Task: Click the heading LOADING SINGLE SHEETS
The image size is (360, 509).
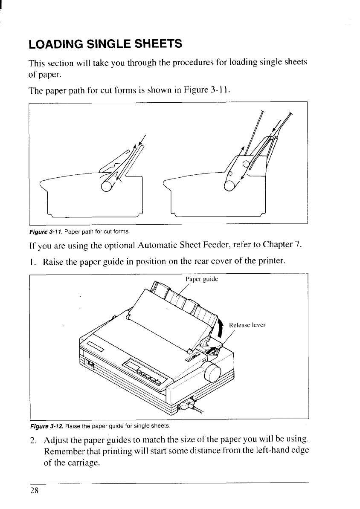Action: pyautogui.click(x=105, y=43)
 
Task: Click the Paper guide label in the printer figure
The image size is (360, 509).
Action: pyautogui.click(x=202, y=279)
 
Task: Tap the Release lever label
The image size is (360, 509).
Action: pyautogui.click(x=247, y=325)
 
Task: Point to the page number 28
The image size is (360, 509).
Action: pyautogui.click(x=34, y=490)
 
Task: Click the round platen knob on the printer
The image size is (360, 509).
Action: pyautogui.click(x=212, y=375)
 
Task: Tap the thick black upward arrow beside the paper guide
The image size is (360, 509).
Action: pyautogui.click(x=220, y=326)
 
